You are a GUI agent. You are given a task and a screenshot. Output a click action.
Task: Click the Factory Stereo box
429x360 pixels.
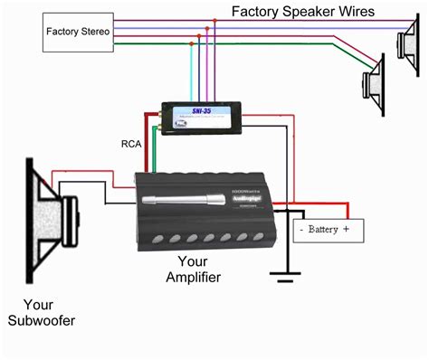pyautogui.click(x=78, y=32)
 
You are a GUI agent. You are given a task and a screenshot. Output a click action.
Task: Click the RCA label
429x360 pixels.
pyautogui.click(x=132, y=142)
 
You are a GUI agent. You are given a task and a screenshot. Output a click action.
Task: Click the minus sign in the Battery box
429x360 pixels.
pyautogui.click(x=302, y=231)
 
